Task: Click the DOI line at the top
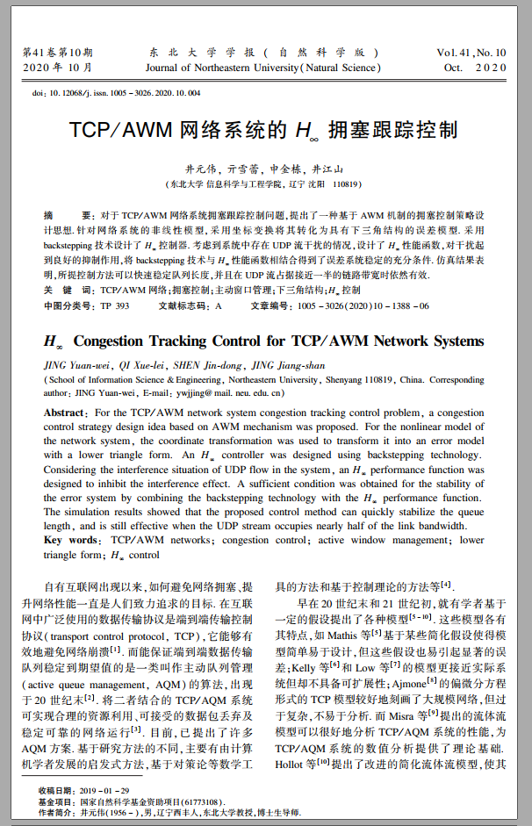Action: click(x=115, y=92)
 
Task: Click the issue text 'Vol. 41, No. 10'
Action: click(x=475, y=53)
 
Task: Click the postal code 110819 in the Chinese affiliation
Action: click(x=347, y=185)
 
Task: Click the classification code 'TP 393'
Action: click(x=114, y=305)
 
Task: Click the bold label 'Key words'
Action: click(x=72, y=541)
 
